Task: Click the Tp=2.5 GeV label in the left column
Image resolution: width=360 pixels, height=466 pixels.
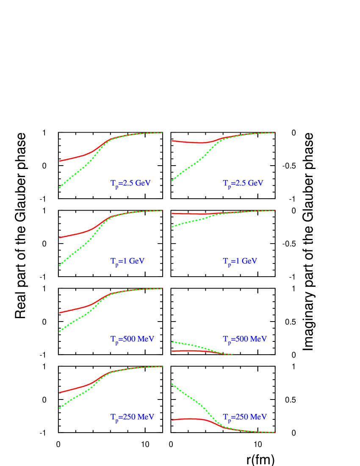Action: pyautogui.click(x=130, y=183)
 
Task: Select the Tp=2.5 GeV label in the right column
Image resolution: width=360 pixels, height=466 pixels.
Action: pyautogui.click(x=243, y=183)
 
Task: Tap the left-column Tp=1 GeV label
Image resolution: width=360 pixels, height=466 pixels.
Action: pyautogui.click(x=127, y=261)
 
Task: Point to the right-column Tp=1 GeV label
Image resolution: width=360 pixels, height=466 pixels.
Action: pyautogui.click(x=240, y=261)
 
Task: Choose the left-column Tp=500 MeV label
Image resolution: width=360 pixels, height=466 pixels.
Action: pyautogui.click(x=132, y=339)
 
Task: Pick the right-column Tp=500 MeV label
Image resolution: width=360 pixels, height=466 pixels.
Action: pyautogui.click(x=245, y=339)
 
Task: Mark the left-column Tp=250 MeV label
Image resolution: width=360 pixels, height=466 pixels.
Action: pyautogui.click(x=132, y=417)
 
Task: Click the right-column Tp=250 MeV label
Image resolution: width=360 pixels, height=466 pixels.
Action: pyautogui.click(x=245, y=417)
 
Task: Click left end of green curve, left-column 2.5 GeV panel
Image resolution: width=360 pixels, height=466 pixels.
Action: pyautogui.click(x=59, y=187)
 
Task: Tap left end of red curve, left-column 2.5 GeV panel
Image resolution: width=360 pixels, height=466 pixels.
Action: pyautogui.click(x=59, y=161)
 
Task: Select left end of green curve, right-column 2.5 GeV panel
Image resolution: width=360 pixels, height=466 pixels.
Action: pyautogui.click(x=172, y=180)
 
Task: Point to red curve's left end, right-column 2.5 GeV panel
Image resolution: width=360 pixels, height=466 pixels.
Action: pyautogui.click(x=172, y=141)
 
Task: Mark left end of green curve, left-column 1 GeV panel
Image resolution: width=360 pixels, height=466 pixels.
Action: pyautogui.click(x=59, y=266)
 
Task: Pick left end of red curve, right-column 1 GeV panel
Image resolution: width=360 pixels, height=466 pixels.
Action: pyautogui.click(x=172, y=213)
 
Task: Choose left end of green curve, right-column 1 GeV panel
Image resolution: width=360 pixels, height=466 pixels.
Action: pyautogui.click(x=172, y=227)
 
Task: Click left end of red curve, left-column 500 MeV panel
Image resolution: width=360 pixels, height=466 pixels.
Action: pyautogui.click(x=59, y=313)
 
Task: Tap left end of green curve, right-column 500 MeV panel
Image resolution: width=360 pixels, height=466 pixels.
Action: pyautogui.click(x=172, y=341)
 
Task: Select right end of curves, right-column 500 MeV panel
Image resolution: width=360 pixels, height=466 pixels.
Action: pyautogui.click(x=233, y=354)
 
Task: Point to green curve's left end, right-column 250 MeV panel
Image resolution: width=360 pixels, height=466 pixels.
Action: pyautogui.click(x=172, y=384)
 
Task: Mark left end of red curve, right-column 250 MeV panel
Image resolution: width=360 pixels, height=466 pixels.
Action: pyautogui.click(x=172, y=420)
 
